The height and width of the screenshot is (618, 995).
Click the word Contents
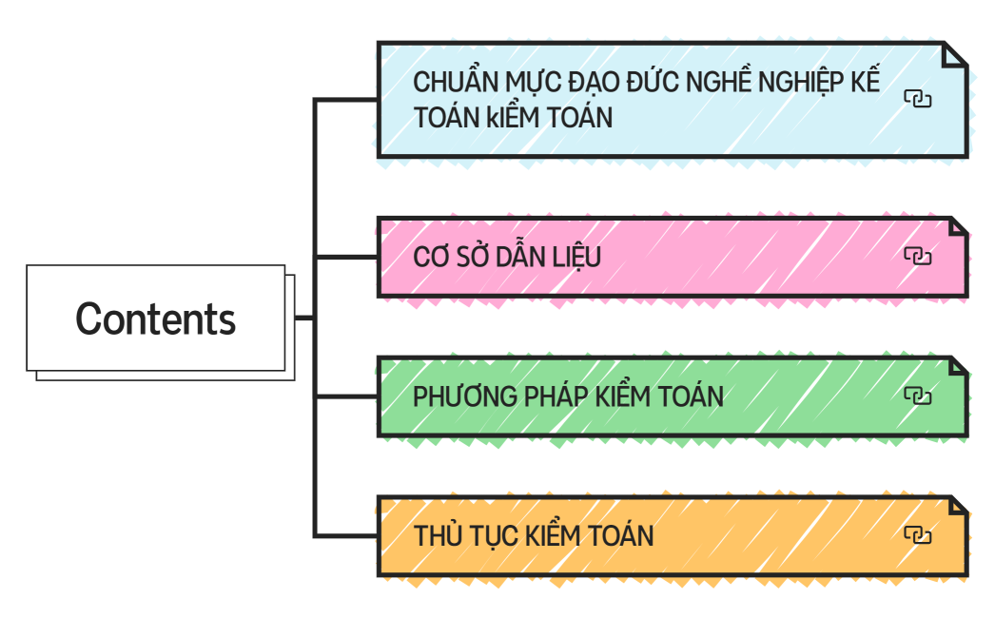[156, 319]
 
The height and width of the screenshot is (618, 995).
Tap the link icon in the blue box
[917, 99]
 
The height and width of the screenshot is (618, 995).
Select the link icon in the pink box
[917, 256]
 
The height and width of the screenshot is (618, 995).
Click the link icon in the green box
[917, 396]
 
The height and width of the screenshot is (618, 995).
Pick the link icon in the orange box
[917, 535]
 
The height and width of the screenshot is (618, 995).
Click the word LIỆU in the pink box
[576, 257]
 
